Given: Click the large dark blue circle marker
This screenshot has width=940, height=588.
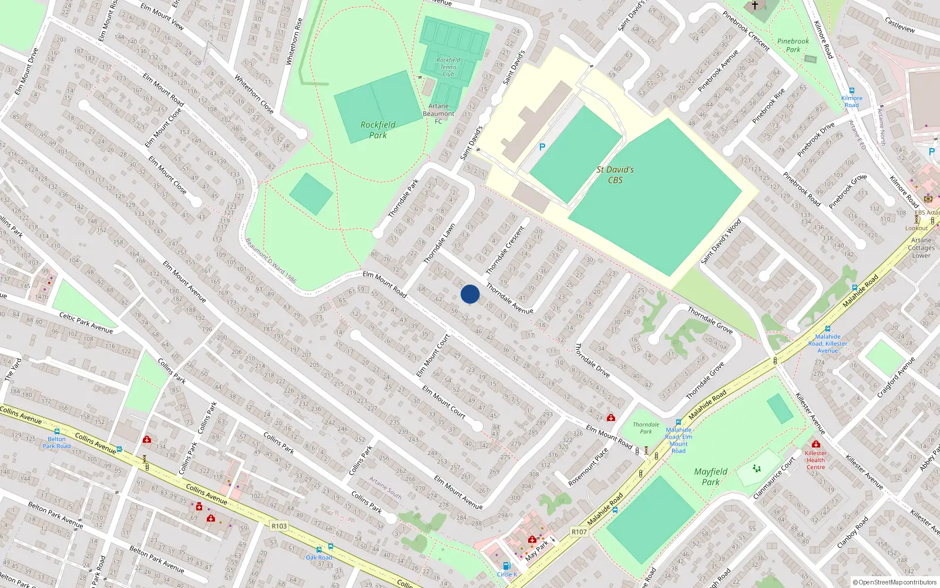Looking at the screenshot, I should (470, 294).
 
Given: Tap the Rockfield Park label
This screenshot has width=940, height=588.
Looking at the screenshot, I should (378, 130).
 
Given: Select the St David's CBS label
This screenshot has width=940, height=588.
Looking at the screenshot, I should (615, 175).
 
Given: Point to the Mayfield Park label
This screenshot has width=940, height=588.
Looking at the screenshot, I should (710, 477).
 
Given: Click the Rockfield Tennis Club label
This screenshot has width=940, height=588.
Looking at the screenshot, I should (448, 67).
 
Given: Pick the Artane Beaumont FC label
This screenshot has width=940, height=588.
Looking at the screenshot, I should (438, 113).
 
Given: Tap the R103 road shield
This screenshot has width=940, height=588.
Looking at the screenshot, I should (279, 526).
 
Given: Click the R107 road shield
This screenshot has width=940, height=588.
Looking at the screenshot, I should (579, 532).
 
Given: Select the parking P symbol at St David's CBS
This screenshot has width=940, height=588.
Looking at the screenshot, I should (542, 147).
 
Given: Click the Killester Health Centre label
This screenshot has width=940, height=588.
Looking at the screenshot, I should (815, 460).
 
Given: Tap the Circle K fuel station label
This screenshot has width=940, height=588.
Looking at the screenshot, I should (507, 574).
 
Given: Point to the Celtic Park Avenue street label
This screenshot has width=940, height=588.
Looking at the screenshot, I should (86, 323).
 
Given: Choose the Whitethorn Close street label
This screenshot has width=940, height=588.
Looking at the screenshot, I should (254, 94).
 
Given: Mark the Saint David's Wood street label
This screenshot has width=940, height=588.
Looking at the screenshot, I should (721, 242).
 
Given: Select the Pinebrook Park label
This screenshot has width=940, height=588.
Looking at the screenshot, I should (793, 45).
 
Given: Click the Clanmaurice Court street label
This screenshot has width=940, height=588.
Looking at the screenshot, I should (774, 478).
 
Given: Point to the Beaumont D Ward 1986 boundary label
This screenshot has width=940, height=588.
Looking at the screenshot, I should (271, 260).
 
